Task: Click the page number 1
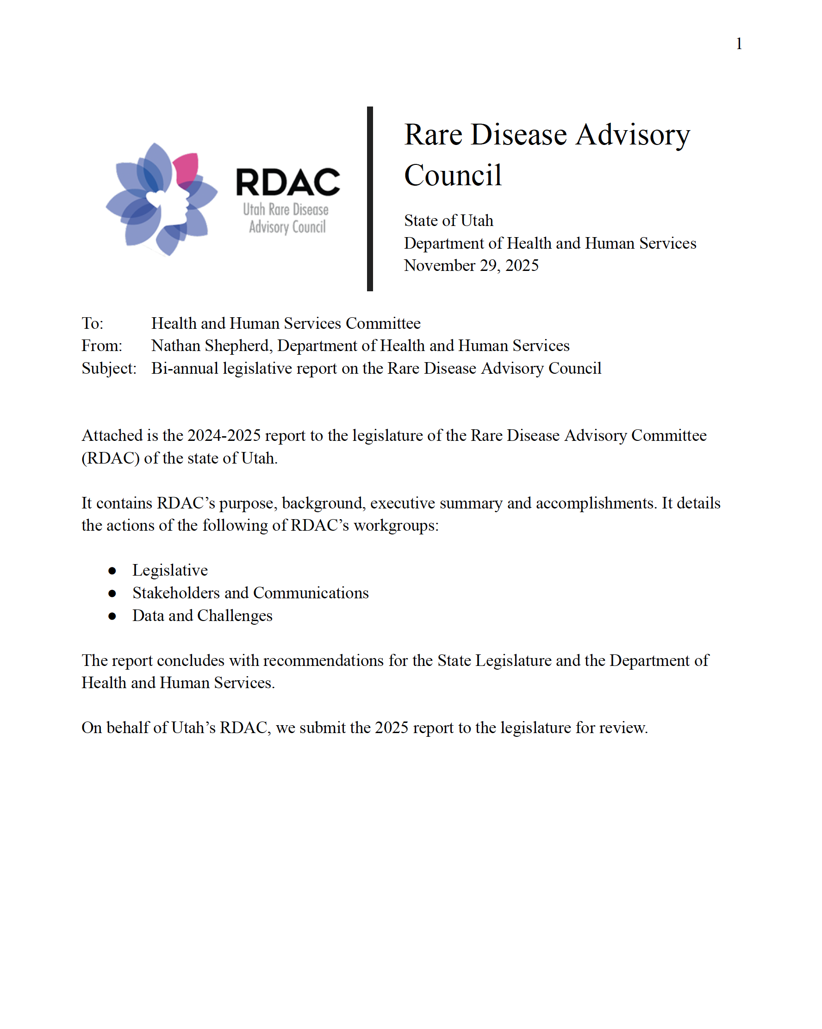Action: click(x=738, y=44)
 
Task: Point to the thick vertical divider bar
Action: click(x=370, y=199)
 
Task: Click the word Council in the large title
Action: click(x=453, y=175)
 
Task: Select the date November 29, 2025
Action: click(x=471, y=265)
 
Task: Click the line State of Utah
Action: click(x=448, y=220)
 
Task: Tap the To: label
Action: click(x=92, y=324)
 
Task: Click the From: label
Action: click(x=102, y=346)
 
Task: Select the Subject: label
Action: click(x=109, y=369)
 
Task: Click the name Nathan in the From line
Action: click(x=175, y=346)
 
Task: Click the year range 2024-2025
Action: click(x=224, y=436)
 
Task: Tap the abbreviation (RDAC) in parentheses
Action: click(x=111, y=458)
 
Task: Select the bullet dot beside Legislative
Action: click(x=112, y=571)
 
